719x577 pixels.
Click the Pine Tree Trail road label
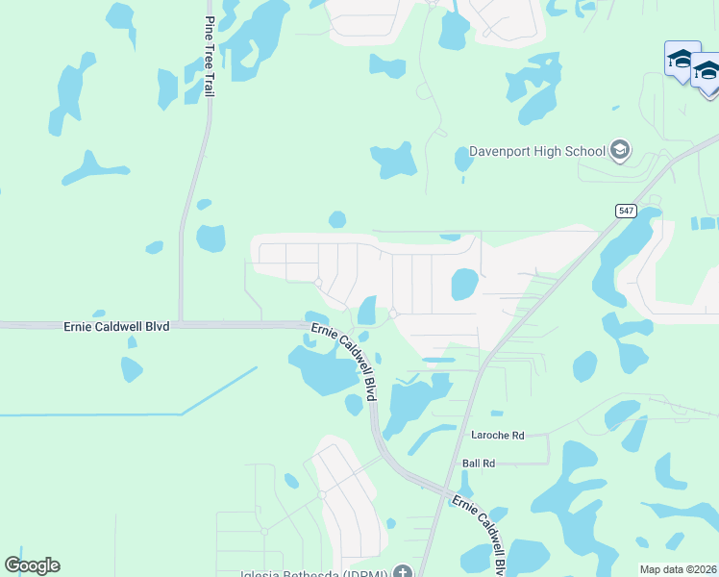[209, 57]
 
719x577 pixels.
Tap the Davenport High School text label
[536, 151]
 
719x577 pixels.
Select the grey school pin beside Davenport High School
[619, 150]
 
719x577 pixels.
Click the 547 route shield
[626, 211]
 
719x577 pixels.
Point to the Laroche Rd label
[497, 436]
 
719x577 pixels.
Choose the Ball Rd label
[478, 463]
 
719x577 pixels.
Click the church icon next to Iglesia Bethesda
[402, 572]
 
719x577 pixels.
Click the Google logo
[32, 565]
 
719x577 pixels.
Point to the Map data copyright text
[678, 569]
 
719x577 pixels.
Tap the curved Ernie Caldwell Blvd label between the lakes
[343, 362]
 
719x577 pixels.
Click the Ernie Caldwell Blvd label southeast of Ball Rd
[480, 533]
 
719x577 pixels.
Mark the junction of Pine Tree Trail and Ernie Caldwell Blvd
[180, 324]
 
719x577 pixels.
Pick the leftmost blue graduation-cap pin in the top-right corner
[682, 60]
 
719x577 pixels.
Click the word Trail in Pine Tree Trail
[209, 84]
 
